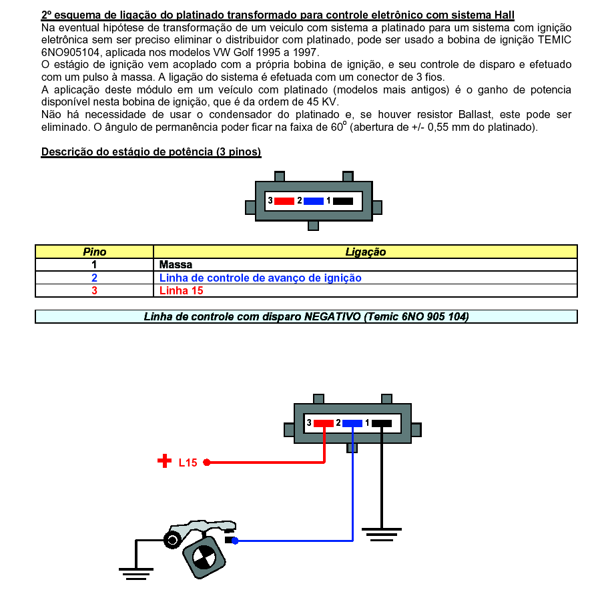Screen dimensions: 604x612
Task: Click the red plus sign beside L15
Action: pyautogui.click(x=164, y=461)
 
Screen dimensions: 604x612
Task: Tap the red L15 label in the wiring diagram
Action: pyautogui.click(x=188, y=463)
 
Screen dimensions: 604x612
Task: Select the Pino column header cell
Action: pyautogui.click(x=94, y=252)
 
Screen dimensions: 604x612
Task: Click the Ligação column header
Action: pyautogui.click(x=365, y=252)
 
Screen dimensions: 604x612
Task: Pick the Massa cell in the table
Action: pyautogui.click(x=176, y=264)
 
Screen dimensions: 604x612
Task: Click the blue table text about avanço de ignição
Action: pyautogui.click(x=260, y=278)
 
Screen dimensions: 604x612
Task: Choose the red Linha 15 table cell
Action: pyautogui.click(x=182, y=290)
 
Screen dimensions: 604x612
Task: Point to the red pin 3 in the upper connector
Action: pyautogui.click(x=284, y=201)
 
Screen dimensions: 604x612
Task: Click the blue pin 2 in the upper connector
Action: pyautogui.click(x=313, y=201)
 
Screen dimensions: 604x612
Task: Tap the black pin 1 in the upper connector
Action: pyautogui.click(x=342, y=201)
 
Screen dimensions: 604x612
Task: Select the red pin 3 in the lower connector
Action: pyautogui.click(x=324, y=423)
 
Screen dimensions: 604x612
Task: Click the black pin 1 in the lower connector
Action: pyautogui.click(x=381, y=423)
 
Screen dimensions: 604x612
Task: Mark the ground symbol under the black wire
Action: pyautogui.click(x=381, y=533)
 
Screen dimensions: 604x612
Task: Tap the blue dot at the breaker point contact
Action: pyautogui.click(x=235, y=541)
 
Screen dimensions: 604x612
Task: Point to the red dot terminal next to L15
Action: pyautogui.click(x=207, y=462)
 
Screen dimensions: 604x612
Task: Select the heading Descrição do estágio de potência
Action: pyautogui.click(x=151, y=152)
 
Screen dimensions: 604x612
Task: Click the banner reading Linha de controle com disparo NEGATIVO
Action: pyautogui.click(x=306, y=316)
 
